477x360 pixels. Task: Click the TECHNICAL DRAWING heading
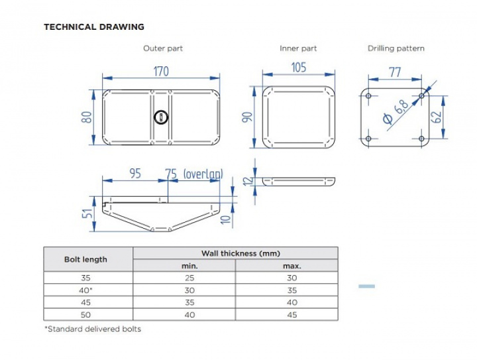[x=93, y=27]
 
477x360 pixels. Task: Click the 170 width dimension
[x=161, y=71]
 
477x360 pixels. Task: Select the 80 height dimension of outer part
[x=85, y=117]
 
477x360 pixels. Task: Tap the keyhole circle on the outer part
[x=161, y=117]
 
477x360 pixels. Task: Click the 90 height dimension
[x=247, y=117]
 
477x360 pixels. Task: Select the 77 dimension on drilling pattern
[x=395, y=72]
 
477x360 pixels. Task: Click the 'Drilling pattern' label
[x=396, y=48]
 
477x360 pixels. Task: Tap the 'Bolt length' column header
[x=88, y=259]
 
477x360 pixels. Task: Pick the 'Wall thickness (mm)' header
[x=235, y=253]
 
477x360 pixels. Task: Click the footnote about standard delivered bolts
[x=92, y=329]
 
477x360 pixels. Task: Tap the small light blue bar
[x=366, y=286]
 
